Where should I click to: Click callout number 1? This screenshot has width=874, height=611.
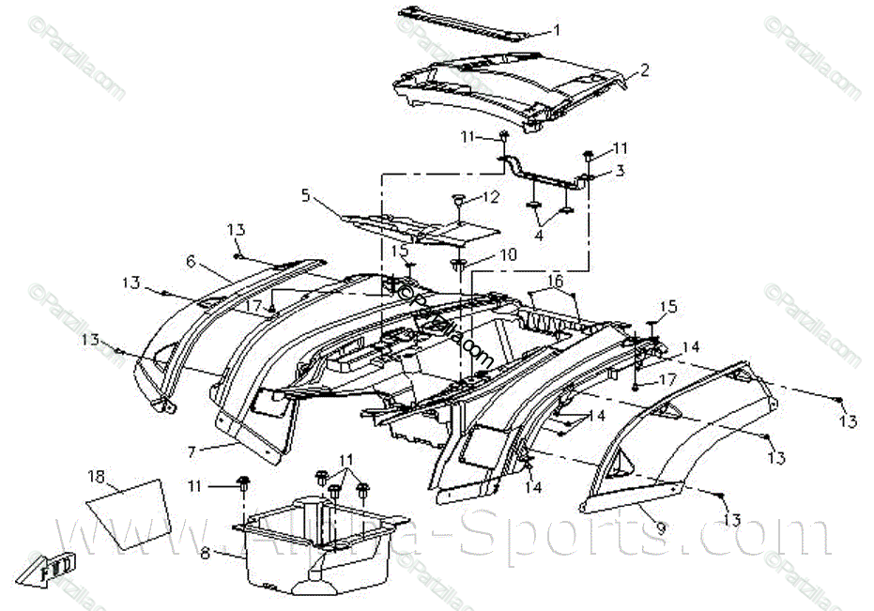557,30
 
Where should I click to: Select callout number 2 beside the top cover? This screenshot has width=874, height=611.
645,69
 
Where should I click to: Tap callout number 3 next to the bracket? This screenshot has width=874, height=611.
620,171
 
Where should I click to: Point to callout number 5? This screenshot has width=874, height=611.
305,195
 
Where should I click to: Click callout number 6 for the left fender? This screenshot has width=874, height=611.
191,261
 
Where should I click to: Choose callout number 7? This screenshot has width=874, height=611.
192,451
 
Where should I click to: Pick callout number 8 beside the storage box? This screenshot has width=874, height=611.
206,553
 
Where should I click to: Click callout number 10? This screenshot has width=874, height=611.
508,254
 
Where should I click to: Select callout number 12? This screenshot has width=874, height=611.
491,197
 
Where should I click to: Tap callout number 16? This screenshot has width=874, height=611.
556,281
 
